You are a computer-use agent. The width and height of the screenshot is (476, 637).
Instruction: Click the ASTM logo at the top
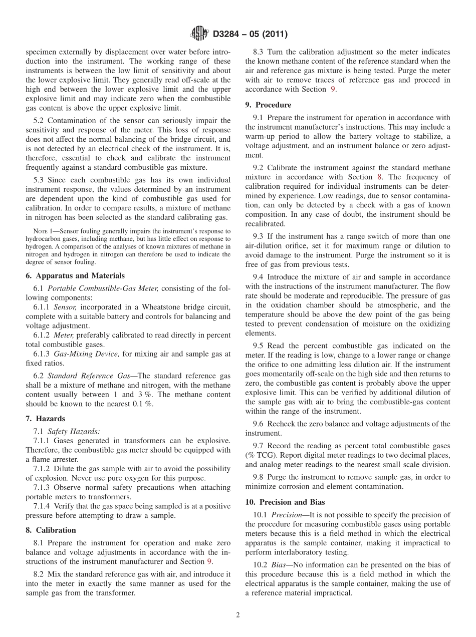(x=199, y=34)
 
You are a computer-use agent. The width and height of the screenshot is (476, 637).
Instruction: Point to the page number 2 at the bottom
(x=238, y=615)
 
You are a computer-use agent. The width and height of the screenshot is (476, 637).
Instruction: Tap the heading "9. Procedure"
(x=268, y=105)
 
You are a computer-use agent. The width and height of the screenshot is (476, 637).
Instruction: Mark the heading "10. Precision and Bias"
(x=285, y=502)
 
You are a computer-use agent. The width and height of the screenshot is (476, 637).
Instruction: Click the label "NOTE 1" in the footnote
(x=43, y=231)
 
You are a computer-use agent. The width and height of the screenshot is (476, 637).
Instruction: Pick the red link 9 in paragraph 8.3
(x=333, y=89)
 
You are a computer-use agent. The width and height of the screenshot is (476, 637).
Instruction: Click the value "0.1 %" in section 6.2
(x=142, y=404)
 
